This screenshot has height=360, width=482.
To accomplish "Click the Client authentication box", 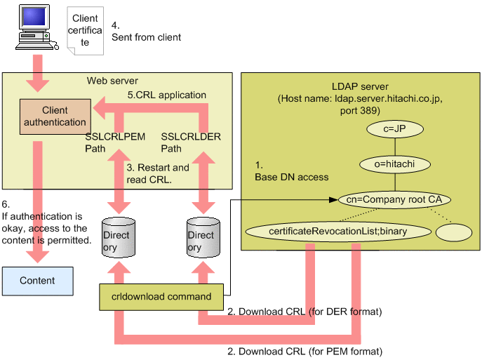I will click(55, 116).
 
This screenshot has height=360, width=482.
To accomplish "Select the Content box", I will click(37, 280).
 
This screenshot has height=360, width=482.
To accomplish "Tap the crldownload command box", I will click(165, 296).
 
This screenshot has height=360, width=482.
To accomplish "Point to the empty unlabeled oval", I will click(453, 232).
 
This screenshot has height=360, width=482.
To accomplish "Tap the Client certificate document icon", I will click(85, 32).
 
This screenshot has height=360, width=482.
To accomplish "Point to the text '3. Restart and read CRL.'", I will click(158, 173).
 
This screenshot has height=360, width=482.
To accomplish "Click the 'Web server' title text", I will click(112, 81).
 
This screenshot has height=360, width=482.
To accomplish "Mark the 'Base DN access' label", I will click(291, 177).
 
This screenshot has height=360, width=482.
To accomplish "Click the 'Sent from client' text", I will click(146, 36).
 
